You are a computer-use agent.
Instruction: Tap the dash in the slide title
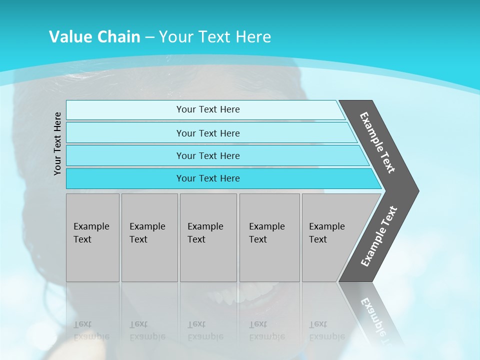coord(149,37)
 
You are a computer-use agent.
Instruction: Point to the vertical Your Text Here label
coord(57,143)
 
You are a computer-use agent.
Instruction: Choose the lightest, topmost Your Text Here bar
coord(208,109)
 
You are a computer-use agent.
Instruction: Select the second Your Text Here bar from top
coord(208,133)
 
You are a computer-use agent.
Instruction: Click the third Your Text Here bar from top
coord(208,155)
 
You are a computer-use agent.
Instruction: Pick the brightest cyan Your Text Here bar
coord(208,178)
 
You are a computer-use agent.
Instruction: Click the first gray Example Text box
coord(92,237)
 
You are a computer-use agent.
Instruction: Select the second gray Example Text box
coord(149,237)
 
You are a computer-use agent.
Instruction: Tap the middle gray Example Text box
coord(208,237)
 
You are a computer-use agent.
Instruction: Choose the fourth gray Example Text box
coord(269,237)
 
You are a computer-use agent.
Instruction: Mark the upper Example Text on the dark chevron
coord(377,142)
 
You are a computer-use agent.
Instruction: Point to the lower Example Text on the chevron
coord(379,236)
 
